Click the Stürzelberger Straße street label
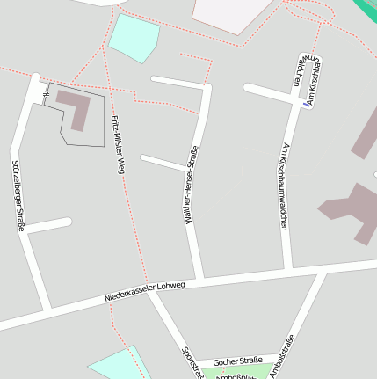18,195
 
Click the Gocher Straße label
238,361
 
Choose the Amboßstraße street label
284,357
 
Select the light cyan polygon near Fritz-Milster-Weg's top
134,37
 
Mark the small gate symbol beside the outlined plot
46,95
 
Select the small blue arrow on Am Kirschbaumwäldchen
307,103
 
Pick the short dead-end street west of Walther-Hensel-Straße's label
163,163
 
